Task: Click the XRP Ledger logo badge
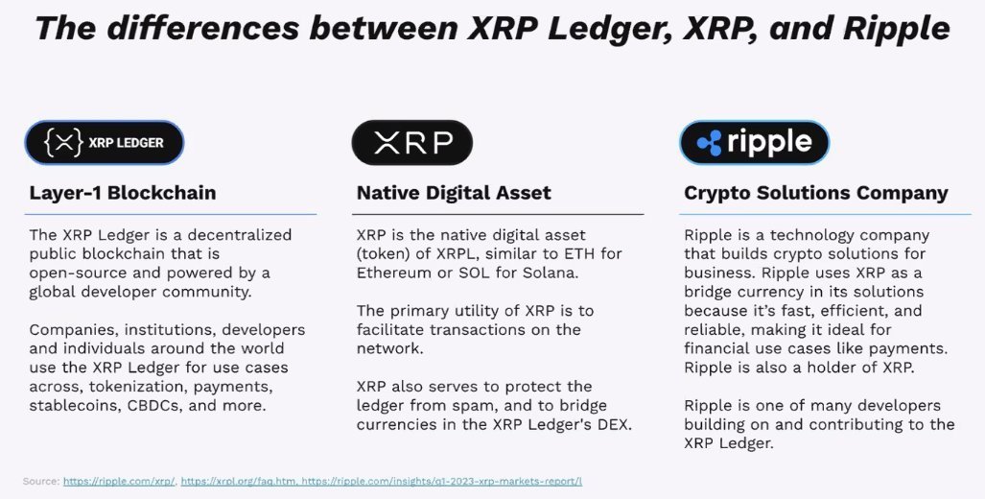point(104,143)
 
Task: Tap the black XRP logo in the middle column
point(412,143)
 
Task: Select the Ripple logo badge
point(754,143)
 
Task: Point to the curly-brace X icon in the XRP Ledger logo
point(64,143)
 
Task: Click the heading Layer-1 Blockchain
point(123,193)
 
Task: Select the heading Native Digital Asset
point(454,193)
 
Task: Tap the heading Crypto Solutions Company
point(815,193)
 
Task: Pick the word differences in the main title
point(205,28)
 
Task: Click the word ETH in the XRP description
point(574,253)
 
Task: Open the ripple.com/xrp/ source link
point(119,481)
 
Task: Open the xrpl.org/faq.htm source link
point(237,481)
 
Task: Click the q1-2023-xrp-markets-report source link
point(441,481)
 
